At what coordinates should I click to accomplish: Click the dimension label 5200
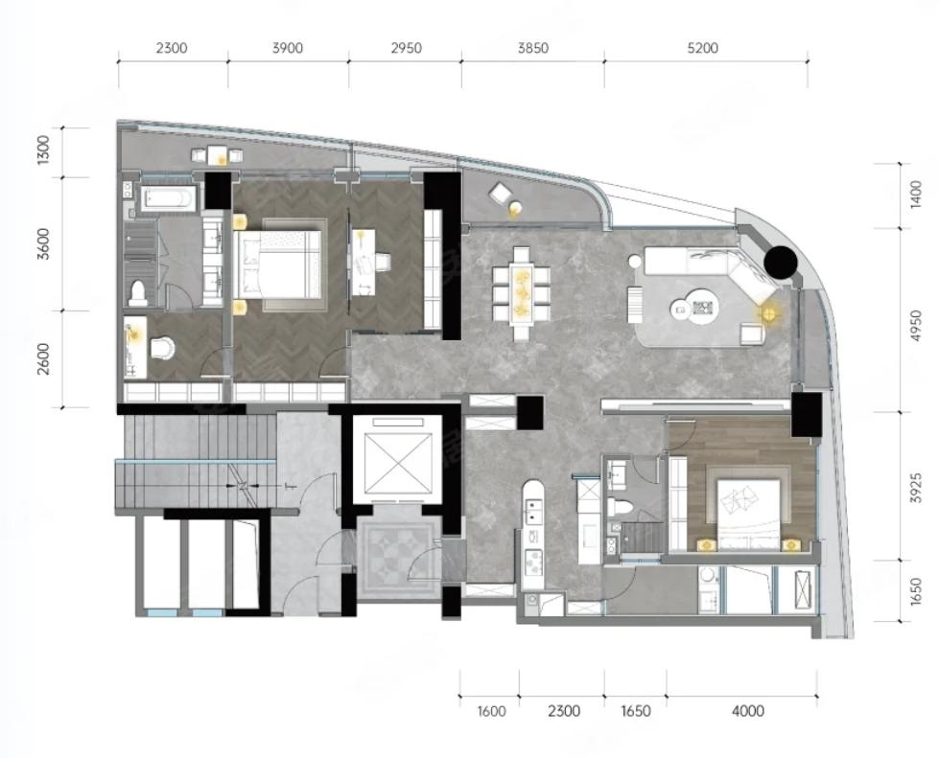click(702, 48)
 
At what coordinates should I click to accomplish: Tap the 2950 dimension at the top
click(406, 48)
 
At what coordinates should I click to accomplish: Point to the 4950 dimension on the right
click(914, 326)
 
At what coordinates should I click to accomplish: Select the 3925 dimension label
click(914, 488)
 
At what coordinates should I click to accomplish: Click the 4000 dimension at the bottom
click(748, 711)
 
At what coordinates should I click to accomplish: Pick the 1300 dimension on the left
click(43, 150)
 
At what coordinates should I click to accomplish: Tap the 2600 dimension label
click(43, 359)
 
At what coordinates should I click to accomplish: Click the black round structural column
click(781, 263)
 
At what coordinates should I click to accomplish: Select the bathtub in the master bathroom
click(168, 199)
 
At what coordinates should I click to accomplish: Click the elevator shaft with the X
click(397, 456)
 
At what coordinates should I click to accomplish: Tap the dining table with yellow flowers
click(522, 286)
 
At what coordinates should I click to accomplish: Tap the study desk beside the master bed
click(364, 262)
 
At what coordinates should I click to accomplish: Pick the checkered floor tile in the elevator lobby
click(398, 556)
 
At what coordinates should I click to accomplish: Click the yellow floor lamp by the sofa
click(768, 313)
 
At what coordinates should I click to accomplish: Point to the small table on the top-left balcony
click(217, 155)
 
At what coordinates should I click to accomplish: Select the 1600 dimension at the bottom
click(492, 711)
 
